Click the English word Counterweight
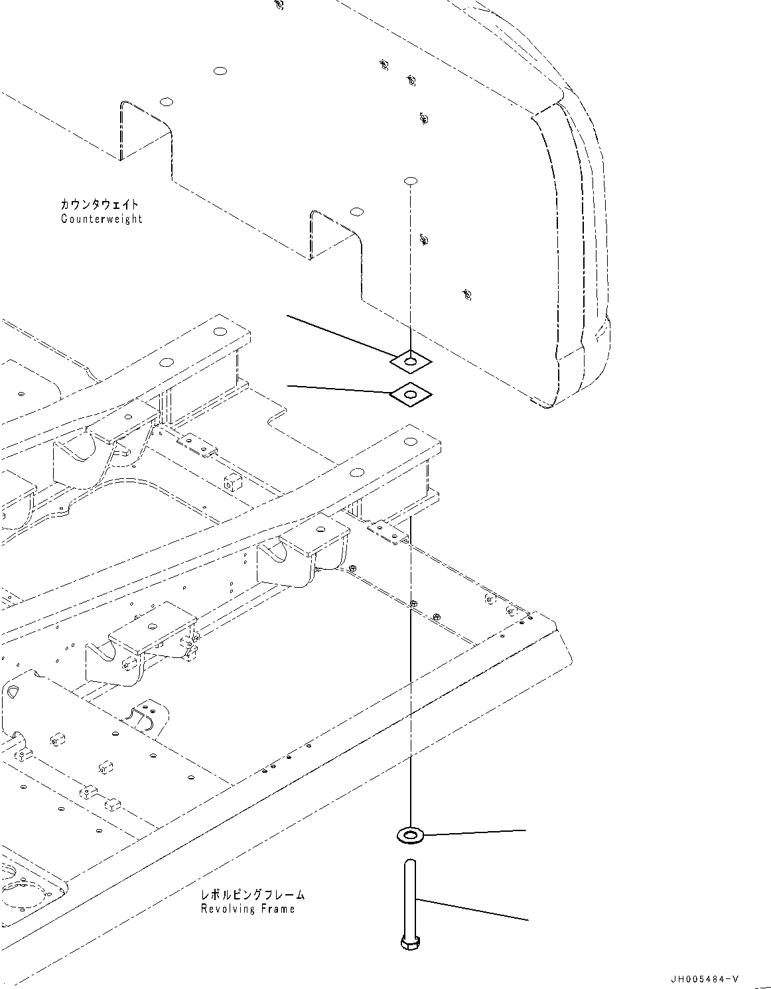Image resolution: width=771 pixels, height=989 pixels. point(102,219)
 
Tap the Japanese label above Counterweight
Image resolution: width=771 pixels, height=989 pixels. point(100,204)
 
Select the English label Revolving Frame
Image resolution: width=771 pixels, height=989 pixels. point(247,909)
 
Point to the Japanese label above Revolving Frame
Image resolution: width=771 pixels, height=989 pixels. point(253,894)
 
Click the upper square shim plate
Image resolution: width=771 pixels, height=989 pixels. point(411,362)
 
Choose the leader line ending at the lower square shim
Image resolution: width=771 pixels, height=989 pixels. point(338,389)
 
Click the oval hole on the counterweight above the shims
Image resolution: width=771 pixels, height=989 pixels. point(411,180)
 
